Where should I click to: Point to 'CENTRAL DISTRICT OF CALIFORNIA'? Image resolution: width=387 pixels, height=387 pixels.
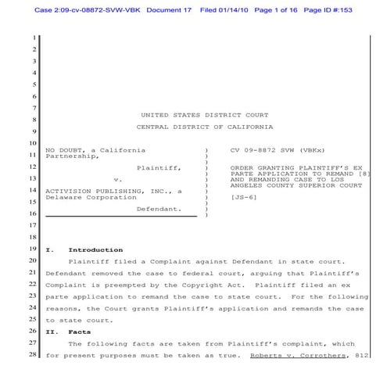[205, 127]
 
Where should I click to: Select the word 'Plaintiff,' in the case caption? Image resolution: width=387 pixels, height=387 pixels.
[159, 168]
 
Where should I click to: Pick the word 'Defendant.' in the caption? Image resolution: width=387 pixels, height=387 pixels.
[159, 209]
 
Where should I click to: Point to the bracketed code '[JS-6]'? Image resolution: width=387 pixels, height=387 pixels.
[243, 198]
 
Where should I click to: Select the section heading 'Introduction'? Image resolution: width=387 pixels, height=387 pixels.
[95, 249]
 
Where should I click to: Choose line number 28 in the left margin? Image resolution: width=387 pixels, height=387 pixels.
[34, 356]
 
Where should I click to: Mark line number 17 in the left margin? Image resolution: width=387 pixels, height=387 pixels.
[34, 225]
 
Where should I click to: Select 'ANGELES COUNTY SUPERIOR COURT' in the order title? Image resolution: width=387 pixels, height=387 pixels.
[297, 185]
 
